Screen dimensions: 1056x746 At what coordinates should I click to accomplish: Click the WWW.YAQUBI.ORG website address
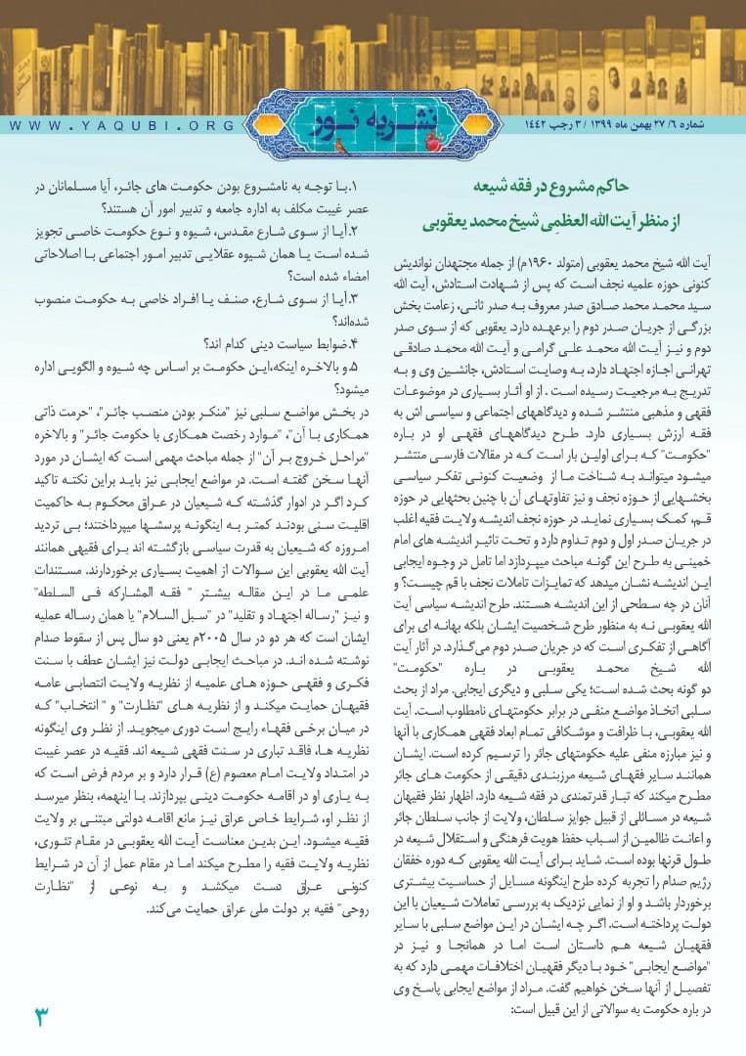click(122, 125)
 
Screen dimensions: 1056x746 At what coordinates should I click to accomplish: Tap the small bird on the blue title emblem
click(339, 146)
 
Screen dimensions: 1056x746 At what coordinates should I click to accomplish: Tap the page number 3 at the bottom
click(41, 1015)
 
